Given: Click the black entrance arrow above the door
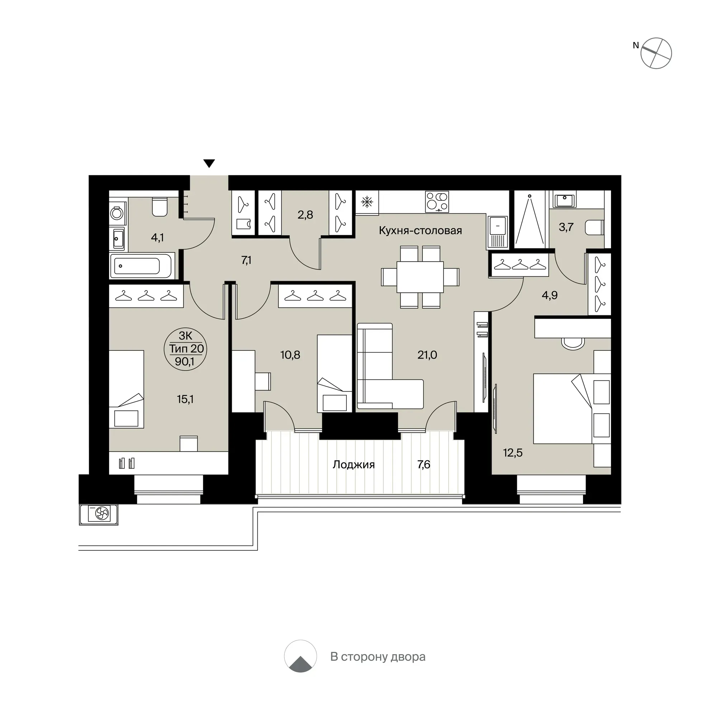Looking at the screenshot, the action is click(x=209, y=164).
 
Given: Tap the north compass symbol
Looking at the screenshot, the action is click(x=655, y=53).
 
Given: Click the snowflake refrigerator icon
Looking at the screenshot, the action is click(x=367, y=202).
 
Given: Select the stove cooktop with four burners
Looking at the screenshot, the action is click(x=437, y=202).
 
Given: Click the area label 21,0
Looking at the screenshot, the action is click(x=427, y=355).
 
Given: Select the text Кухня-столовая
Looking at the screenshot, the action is click(x=420, y=231).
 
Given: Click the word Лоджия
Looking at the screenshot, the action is click(x=354, y=465).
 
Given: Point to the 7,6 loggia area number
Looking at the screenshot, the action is click(x=424, y=464).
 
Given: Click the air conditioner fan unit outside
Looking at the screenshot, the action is click(x=99, y=515).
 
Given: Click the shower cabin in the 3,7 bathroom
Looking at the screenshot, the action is click(x=530, y=220).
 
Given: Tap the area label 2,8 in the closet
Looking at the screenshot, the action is click(x=305, y=215).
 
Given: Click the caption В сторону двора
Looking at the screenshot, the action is click(x=378, y=656).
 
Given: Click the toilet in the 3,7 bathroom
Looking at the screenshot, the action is click(x=595, y=227).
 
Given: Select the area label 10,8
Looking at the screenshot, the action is click(x=290, y=355).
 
